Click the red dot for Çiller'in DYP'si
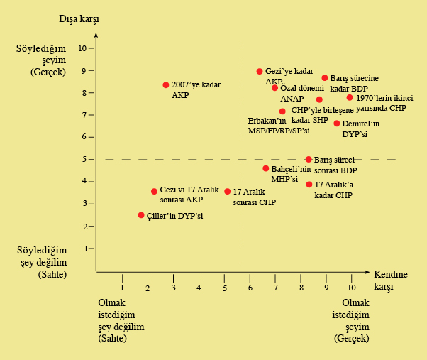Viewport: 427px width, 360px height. click(141, 215)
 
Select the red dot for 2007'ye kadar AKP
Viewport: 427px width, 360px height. click(166, 85)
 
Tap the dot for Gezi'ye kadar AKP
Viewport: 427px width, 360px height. click(260, 72)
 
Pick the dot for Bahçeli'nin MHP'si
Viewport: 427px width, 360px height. click(266, 169)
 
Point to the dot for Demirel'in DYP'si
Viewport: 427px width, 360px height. click(337, 124)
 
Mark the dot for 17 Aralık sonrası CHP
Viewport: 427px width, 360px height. click(228, 192)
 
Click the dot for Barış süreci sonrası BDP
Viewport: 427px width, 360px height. click(309, 160)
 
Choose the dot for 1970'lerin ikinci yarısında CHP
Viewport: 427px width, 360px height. click(350, 98)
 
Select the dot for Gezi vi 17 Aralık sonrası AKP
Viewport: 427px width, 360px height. click(154, 192)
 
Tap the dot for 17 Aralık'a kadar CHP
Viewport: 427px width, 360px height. click(309, 185)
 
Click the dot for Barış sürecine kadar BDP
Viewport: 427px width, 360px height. click(325, 78)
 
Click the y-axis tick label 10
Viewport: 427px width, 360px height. click(82, 48)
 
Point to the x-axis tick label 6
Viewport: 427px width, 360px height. click(250, 288)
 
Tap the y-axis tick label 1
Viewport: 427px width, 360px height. click(84, 249)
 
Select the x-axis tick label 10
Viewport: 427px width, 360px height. click(350, 288)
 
